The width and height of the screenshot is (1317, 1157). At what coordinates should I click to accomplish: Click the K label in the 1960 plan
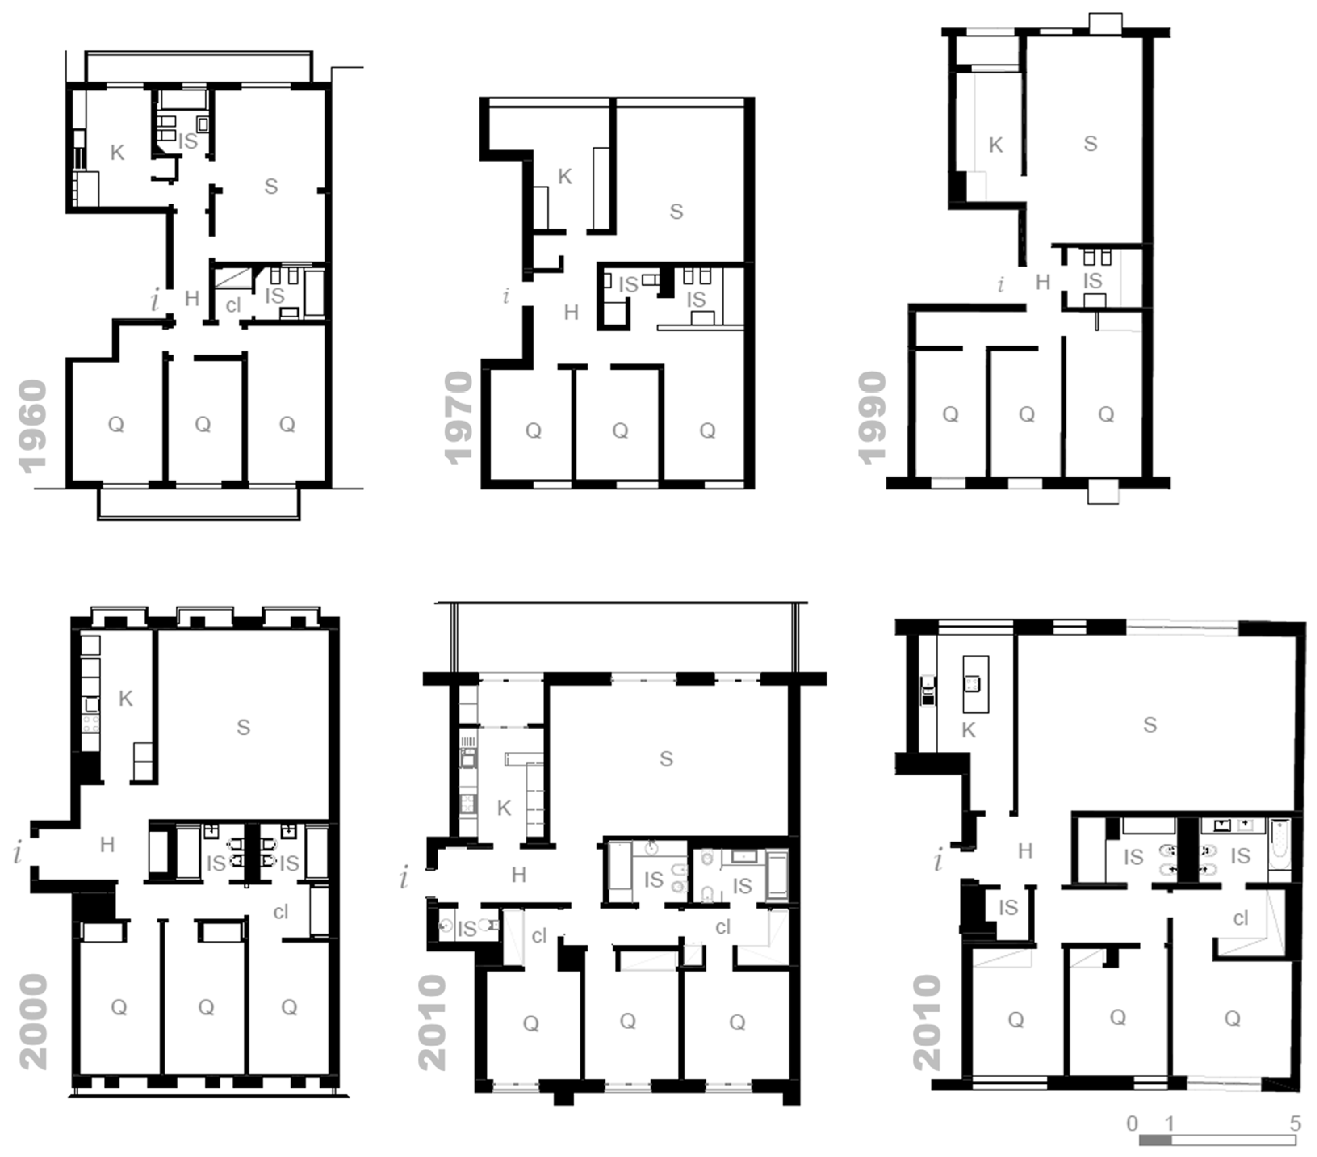coord(117,153)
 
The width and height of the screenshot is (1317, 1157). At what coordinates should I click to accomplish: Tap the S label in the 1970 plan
coord(676,212)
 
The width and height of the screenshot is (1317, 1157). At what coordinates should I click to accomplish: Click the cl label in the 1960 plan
coord(233,305)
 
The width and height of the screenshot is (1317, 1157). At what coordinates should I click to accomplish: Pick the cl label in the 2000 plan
coord(280,912)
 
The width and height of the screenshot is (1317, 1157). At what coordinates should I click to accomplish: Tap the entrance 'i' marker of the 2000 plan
coord(17,853)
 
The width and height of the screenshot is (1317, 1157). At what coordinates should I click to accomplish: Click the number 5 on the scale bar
coord(1295,1123)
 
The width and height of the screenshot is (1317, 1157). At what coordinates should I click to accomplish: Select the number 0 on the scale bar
coord(1132,1123)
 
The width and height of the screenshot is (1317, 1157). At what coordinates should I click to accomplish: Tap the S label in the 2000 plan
coord(243,728)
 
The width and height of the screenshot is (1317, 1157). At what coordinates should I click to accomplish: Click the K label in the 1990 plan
coord(995,145)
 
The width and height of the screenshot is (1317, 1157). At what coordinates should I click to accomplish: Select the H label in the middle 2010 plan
coord(519,875)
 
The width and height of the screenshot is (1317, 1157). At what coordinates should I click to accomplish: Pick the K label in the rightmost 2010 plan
coord(968,730)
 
